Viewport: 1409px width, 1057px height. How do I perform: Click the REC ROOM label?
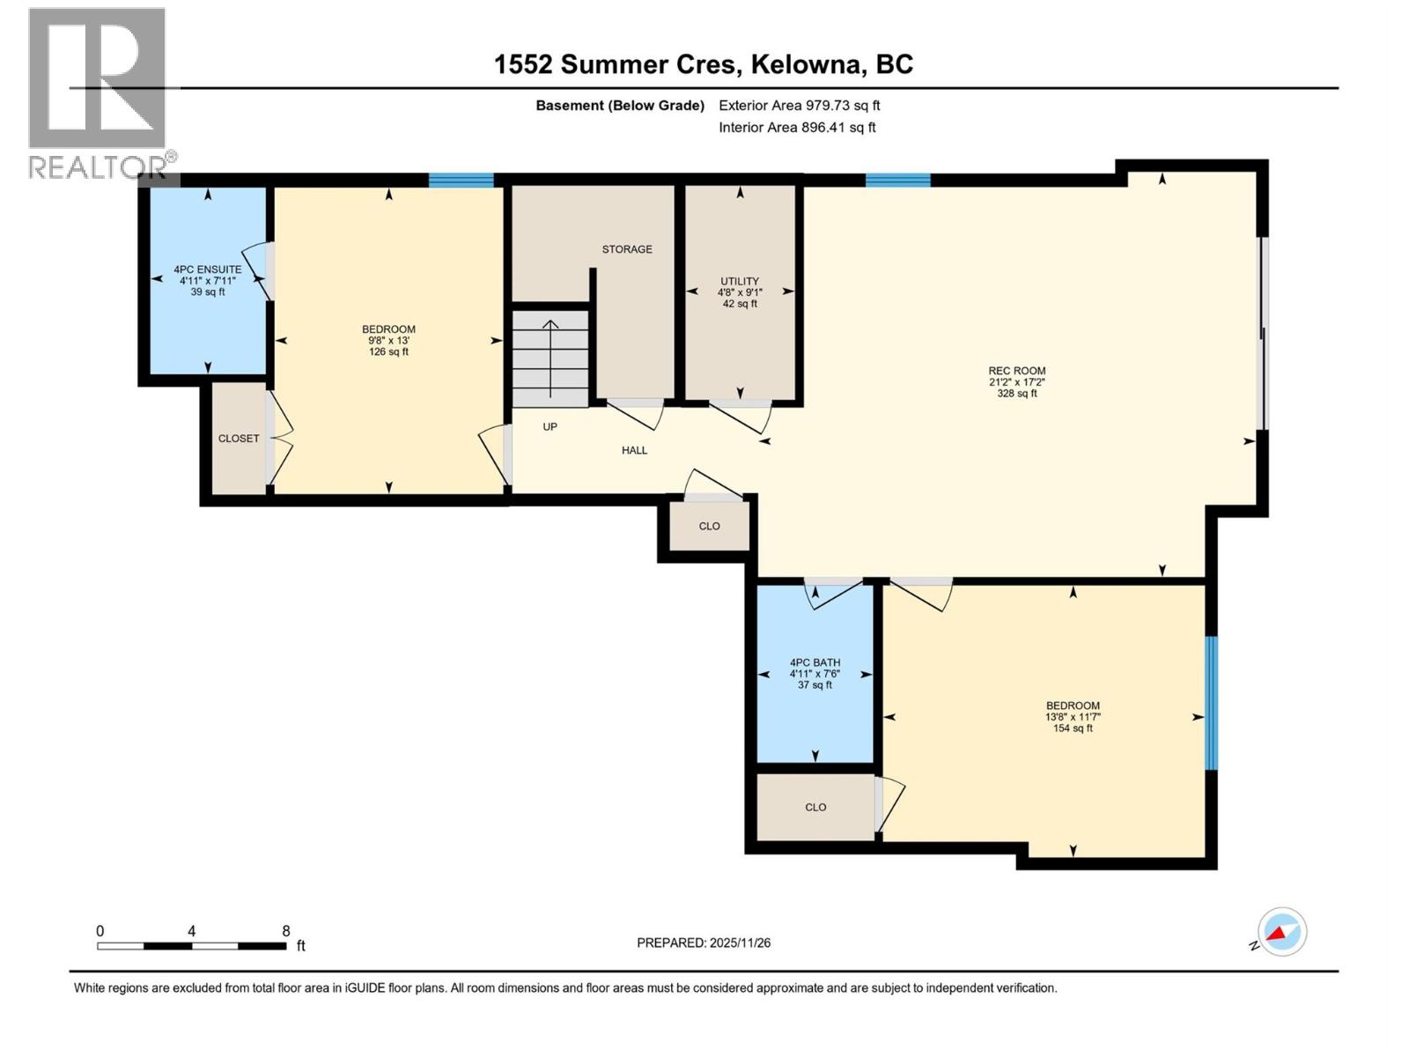pos(1016,371)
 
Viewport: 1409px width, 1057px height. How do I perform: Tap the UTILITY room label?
pos(739,281)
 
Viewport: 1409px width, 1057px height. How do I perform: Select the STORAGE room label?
pos(627,249)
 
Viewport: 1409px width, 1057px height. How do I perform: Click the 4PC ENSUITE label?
pos(207,270)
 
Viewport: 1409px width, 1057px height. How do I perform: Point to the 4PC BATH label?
pos(815,662)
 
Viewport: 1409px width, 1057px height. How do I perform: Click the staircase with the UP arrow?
pos(551,358)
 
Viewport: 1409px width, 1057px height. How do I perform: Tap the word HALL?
pos(634,450)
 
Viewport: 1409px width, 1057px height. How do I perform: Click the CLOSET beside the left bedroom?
pos(239,439)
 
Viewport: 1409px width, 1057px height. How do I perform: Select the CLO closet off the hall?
pos(709,526)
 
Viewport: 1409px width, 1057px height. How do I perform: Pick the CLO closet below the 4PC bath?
pos(815,807)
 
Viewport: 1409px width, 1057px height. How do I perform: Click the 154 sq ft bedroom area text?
pos(1073,728)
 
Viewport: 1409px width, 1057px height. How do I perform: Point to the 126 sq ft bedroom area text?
pos(388,351)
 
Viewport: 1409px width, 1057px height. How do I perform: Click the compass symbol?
pos(1281,932)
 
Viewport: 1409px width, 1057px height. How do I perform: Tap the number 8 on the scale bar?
pos(286,931)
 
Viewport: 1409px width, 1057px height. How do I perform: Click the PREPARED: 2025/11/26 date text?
pos(704,942)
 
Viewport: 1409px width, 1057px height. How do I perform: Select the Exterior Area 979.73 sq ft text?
pos(799,106)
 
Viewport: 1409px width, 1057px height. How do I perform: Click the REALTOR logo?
pos(97,92)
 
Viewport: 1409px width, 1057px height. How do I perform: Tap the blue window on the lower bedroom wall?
pos(1211,702)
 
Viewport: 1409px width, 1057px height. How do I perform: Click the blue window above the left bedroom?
pos(461,181)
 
